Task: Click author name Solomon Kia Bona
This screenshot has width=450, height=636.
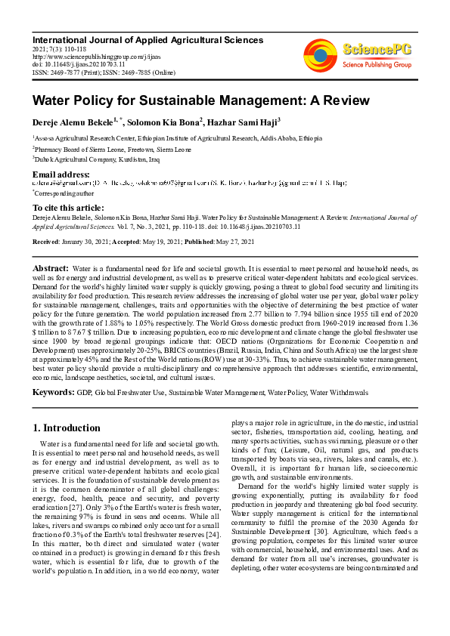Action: (x=163, y=121)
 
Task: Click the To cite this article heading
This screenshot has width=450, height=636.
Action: (x=68, y=207)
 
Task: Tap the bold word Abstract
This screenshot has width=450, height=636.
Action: (x=51, y=268)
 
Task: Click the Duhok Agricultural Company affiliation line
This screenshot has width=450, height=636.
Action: (x=95, y=159)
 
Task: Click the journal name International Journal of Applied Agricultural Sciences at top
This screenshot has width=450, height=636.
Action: (x=147, y=39)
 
